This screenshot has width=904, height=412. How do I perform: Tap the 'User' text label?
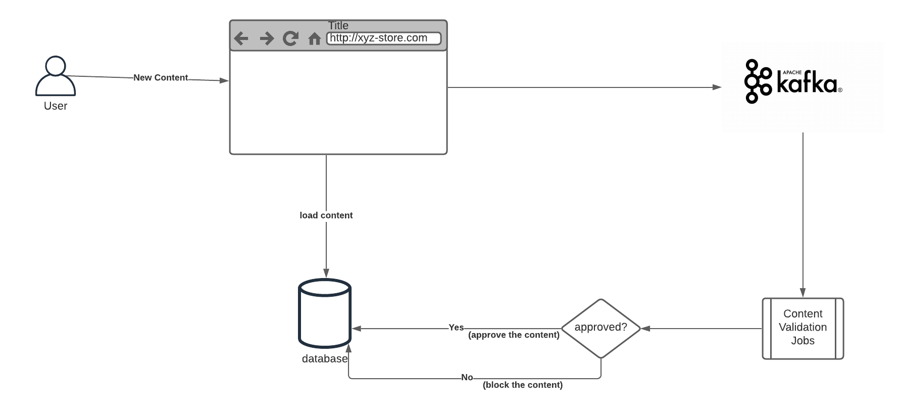[56, 106]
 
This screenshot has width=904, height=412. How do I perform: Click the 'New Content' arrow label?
[161, 77]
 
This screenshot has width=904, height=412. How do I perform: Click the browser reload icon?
[290, 38]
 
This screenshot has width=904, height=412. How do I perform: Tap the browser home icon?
[314, 39]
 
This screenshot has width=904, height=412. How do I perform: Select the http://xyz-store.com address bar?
[384, 38]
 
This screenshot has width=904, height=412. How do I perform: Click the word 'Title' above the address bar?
[338, 25]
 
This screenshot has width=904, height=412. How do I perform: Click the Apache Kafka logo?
[793, 82]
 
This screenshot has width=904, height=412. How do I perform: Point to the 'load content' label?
[326, 215]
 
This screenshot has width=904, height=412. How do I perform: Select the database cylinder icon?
[325, 313]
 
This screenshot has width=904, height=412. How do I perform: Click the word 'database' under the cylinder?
[325, 359]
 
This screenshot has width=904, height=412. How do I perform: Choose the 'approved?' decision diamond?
[601, 328]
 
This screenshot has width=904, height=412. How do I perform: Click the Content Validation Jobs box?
[802, 328]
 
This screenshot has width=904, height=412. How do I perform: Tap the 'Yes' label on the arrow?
[456, 328]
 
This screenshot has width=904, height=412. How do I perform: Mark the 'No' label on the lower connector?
[467, 378]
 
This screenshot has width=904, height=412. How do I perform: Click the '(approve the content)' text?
[514, 335]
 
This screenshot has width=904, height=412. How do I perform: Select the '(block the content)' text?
[523, 385]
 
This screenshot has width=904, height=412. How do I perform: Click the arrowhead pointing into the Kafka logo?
[717, 87]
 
